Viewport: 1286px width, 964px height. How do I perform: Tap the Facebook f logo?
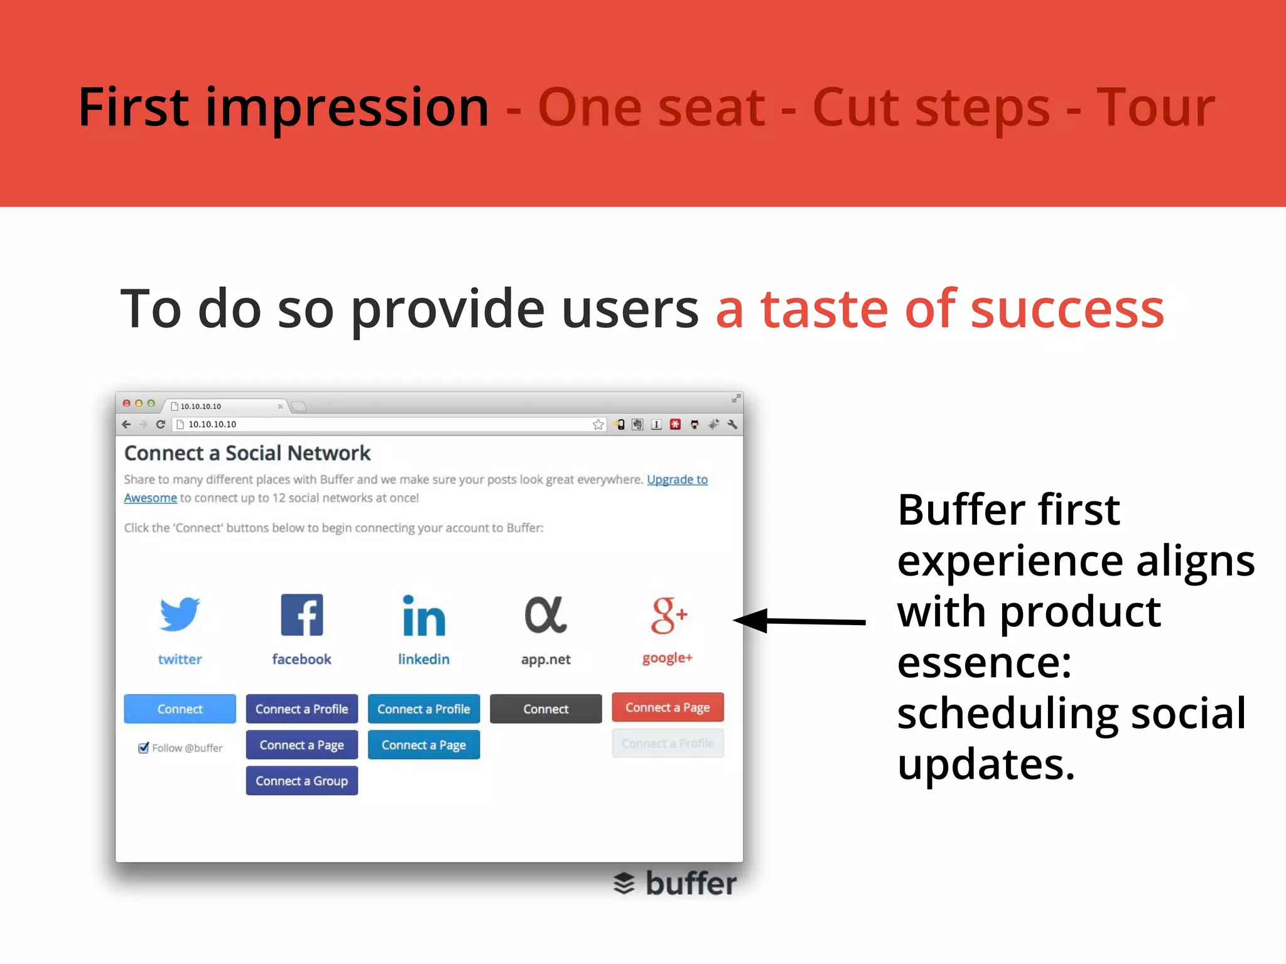[x=301, y=615]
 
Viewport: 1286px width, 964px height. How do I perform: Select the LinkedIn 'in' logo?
[x=424, y=616]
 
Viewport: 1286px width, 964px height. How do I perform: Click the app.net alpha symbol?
[x=545, y=615]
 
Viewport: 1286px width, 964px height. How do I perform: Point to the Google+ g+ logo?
[x=668, y=615]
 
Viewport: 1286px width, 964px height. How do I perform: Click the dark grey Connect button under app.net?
[x=546, y=709]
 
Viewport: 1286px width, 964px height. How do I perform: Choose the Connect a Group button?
[x=301, y=781]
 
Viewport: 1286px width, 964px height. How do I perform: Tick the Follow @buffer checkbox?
[x=144, y=747]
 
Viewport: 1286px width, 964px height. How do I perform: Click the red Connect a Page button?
[x=667, y=707]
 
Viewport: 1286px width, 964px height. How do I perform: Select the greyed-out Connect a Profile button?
[x=667, y=743]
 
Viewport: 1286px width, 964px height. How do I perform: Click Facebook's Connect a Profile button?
[x=301, y=709]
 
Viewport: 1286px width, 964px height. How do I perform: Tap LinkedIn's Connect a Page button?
[x=424, y=745]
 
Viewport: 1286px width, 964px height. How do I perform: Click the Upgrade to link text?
[x=677, y=479]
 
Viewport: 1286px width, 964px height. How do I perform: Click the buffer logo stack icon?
[x=624, y=883]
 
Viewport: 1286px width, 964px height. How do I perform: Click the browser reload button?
[x=161, y=424]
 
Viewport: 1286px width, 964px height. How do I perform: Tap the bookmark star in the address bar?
[x=598, y=425]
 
